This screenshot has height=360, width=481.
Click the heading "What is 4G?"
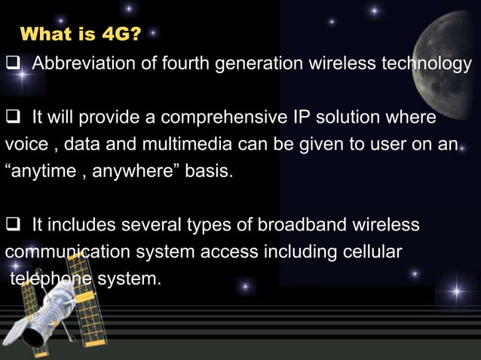81,34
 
